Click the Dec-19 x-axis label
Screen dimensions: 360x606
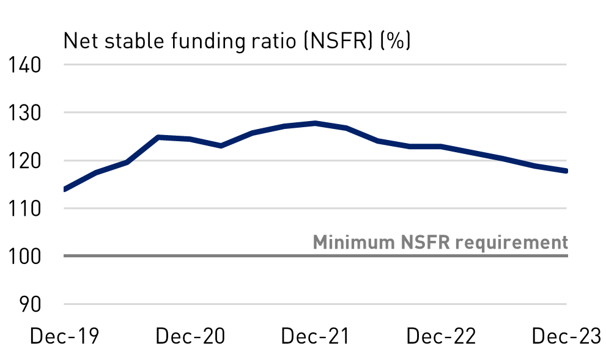(x=64, y=336)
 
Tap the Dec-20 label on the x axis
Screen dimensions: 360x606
(x=190, y=336)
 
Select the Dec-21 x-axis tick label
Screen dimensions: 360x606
(x=316, y=336)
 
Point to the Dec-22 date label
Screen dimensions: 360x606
(x=441, y=336)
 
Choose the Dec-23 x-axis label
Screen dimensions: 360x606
(x=566, y=336)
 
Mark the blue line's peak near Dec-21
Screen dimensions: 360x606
(x=315, y=123)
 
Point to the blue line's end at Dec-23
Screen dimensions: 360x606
(x=566, y=171)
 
